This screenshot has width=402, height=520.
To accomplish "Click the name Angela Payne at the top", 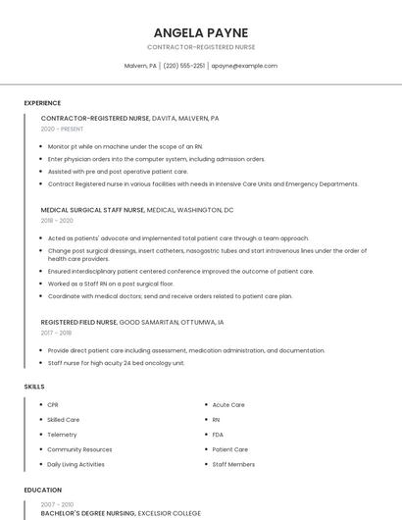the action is (200, 32).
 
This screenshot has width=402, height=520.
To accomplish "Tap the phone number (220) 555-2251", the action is (183, 66).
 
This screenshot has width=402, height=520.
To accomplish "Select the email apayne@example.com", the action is (244, 66).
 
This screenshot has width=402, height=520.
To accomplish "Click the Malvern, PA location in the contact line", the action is (140, 66).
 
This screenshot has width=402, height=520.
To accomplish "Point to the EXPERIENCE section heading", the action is (42, 103).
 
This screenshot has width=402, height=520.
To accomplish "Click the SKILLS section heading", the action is (34, 387).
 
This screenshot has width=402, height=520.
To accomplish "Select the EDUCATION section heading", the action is (42, 490).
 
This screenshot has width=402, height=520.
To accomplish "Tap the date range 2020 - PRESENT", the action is (62, 129).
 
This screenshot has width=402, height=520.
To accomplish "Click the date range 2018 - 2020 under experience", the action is (58, 221).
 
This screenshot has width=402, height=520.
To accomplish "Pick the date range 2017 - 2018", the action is (57, 333).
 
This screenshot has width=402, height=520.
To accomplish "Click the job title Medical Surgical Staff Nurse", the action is (92, 210).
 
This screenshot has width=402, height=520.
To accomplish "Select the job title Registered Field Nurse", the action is (78, 322).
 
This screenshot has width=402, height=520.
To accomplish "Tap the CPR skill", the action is (53, 404).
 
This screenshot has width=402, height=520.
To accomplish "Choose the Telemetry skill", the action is (62, 435).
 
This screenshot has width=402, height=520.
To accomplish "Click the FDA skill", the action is (218, 435).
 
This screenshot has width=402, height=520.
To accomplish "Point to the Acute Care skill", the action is (228, 404).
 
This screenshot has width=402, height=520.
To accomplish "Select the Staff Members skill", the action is (233, 464).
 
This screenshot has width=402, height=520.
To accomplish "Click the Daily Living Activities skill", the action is (75, 464).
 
